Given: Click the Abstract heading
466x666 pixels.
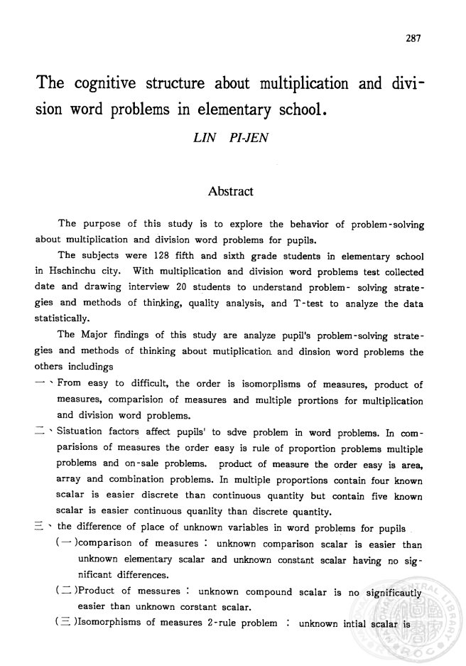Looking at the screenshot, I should (x=231, y=191).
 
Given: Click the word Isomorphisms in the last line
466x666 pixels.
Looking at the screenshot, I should (x=103, y=624).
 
